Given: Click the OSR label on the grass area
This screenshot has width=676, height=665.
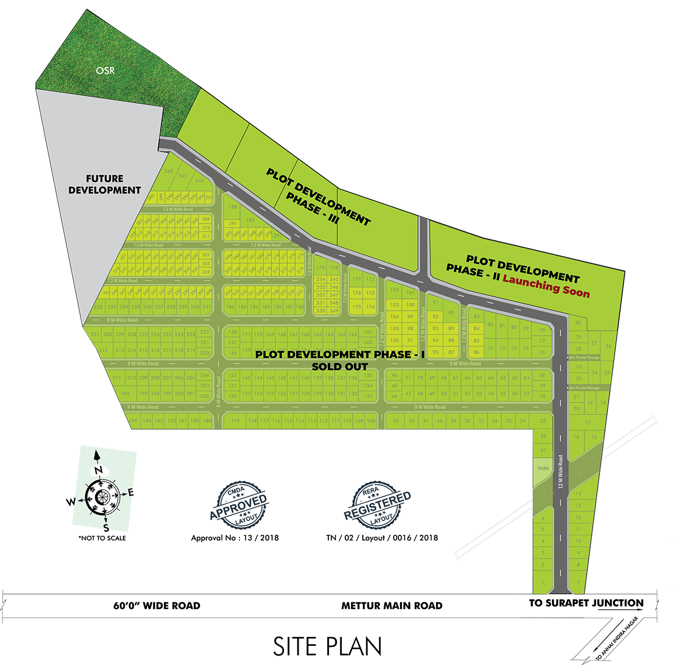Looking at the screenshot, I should pos(105,70).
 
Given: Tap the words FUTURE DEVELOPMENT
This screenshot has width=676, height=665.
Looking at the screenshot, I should pos(105,185).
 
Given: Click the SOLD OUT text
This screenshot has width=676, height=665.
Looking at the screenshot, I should pos(340,367).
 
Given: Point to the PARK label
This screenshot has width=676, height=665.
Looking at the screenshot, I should pos(543,468).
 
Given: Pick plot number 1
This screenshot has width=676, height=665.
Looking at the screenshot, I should pos(542,582).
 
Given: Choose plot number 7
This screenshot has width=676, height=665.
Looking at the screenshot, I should pos(578,582).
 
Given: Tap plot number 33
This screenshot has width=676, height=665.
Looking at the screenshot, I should pos(542,421).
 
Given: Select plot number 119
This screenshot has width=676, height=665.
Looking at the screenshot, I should pos(235,421).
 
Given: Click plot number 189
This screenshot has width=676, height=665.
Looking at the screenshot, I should pos(207,421).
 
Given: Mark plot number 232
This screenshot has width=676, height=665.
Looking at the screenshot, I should pos(99,307).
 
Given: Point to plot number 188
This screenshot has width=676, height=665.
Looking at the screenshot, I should pos(233,207).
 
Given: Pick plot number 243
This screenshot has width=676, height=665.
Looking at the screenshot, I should pos(182,176).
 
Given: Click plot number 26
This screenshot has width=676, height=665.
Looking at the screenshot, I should pos(608,346).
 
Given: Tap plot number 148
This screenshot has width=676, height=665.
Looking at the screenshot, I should pos(233,332).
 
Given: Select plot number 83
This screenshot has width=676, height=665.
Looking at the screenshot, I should pos(477,317).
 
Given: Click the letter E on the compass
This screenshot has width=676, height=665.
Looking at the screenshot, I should pos(131,493).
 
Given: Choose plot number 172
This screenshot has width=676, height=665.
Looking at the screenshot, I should pos(370,279).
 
